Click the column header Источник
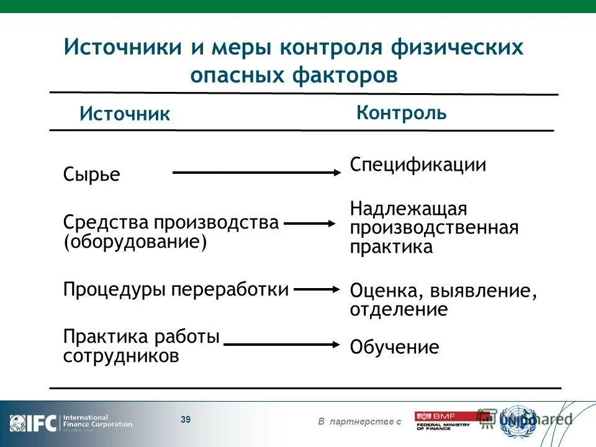[x=124, y=114]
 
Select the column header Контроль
[x=401, y=112]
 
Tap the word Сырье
[x=91, y=174]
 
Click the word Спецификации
[x=418, y=165]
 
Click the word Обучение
[x=394, y=347]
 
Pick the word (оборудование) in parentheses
[x=135, y=242]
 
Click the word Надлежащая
[x=408, y=208]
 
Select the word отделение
[x=399, y=309]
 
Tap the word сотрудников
[x=121, y=356]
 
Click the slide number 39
[x=186, y=420]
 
